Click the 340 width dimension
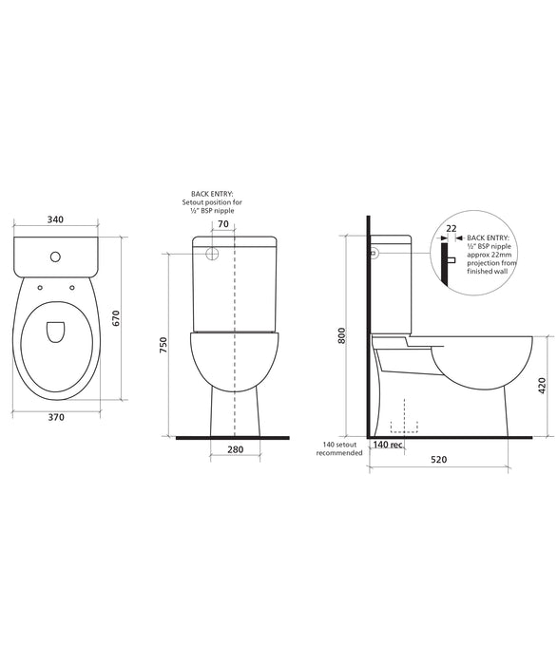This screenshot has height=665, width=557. click(x=54, y=220)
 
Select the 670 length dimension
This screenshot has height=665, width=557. click(x=118, y=319)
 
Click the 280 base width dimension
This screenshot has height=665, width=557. click(x=237, y=448)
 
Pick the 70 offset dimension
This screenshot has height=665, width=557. click(x=222, y=225)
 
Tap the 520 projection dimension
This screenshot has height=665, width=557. click(x=438, y=460)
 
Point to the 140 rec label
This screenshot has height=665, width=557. click(x=388, y=445)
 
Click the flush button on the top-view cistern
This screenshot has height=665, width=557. click(x=55, y=256)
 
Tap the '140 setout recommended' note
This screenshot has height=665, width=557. click(x=341, y=449)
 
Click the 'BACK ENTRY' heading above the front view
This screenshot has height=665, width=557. click(x=212, y=193)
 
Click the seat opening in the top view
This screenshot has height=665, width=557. click(x=54, y=332)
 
